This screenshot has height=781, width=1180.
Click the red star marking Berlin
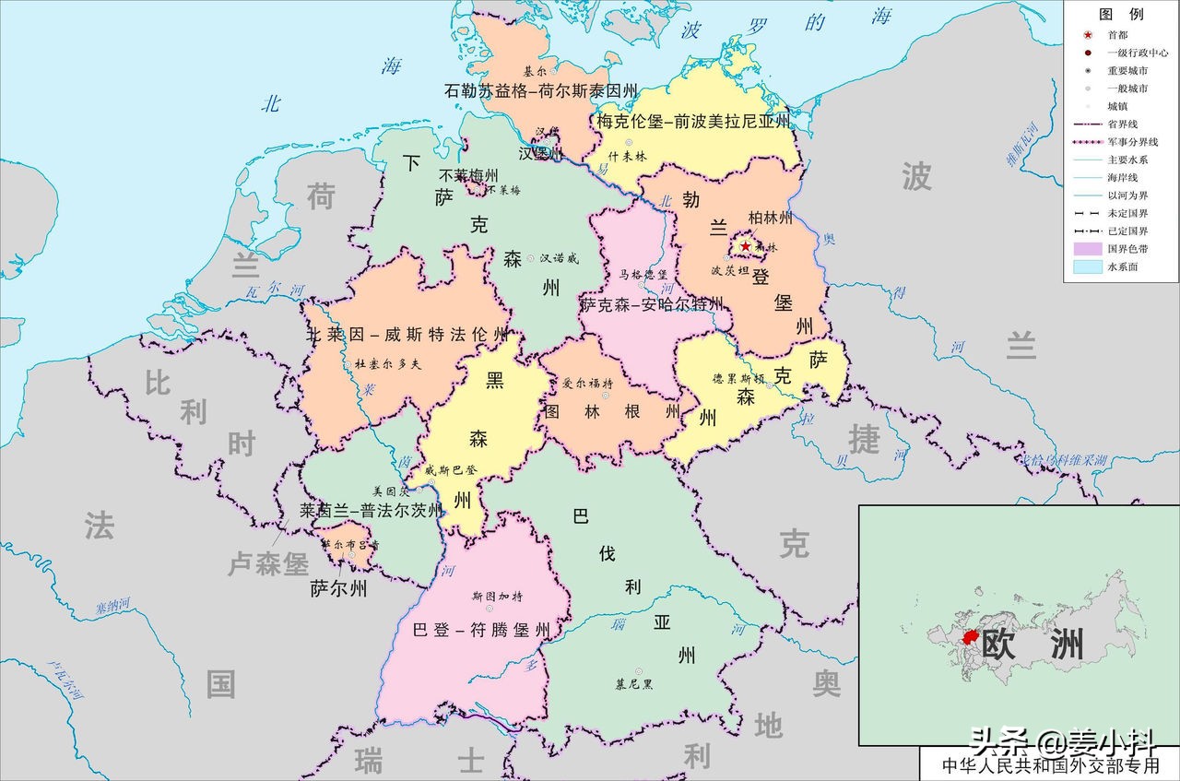(x=745, y=246)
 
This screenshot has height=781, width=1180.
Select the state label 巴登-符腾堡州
(x=481, y=631)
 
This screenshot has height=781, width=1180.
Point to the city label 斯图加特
(x=497, y=596)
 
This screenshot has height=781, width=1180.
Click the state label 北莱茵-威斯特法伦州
(x=407, y=334)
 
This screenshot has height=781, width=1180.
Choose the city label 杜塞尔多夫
(x=387, y=364)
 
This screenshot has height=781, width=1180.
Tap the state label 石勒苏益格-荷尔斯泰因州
(x=541, y=90)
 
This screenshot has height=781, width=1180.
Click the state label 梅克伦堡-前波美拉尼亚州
(x=693, y=121)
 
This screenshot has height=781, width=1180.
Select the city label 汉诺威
(x=559, y=259)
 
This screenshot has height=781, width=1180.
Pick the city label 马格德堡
(x=643, y=275)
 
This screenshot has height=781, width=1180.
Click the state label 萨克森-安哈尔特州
(x=652, y=303)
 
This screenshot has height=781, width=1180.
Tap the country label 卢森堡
(x=268, y=564)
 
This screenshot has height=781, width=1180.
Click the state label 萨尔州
(x=338, y=587)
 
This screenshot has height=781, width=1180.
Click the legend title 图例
(x=1121, y=14)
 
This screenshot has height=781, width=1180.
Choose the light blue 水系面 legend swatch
(x=1084, y=266)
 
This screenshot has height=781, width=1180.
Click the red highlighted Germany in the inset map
(x=970, y=637)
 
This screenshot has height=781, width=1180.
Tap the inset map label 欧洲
(x=1032, y=645)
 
